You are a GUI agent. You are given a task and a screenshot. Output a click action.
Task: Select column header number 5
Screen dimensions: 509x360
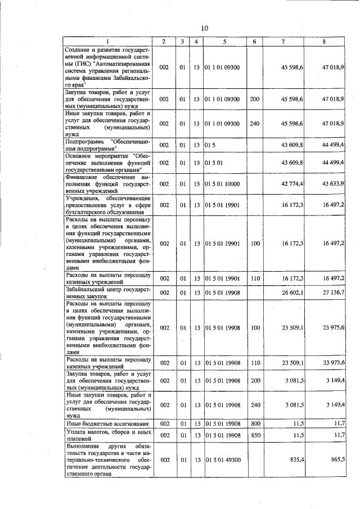tap(224, 41)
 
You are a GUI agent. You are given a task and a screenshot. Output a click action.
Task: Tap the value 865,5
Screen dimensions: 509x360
tap(337, 460)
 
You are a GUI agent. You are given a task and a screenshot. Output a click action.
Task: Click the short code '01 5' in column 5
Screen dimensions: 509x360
tap(210, 145)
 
